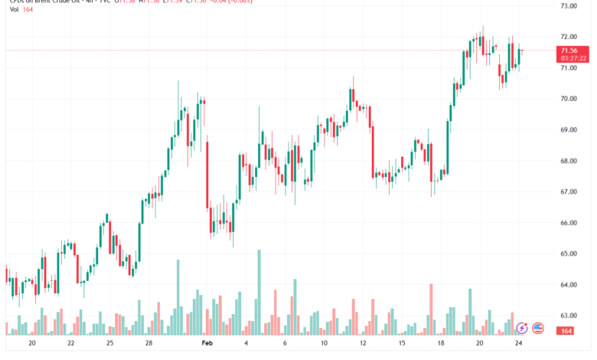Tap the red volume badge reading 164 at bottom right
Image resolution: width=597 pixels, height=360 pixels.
567,330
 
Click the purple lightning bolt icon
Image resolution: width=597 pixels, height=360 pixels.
522,328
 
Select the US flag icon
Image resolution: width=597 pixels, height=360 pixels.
537,328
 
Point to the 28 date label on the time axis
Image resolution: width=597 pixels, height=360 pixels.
148,345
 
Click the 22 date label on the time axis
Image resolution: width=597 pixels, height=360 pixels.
70,345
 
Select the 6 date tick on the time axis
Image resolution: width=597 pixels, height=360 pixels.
284,345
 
